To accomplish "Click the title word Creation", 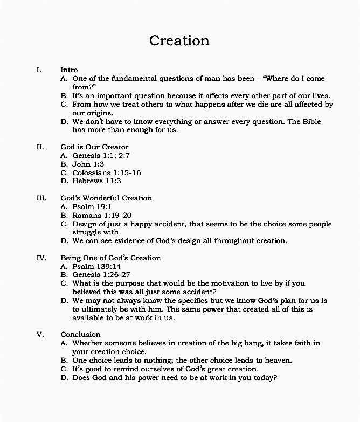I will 179,40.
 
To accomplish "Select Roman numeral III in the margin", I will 41,198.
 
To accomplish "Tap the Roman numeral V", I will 40,334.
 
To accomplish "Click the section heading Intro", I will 69,70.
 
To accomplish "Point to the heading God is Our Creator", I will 94,147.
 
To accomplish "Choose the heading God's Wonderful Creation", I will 106,198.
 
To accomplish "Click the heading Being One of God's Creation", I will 110,258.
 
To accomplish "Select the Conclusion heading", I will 80,334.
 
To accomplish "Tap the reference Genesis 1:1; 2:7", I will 101,155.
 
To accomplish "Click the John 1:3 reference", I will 88,164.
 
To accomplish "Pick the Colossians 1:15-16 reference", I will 107,172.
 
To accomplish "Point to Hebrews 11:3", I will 97,181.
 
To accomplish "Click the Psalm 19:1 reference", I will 92,206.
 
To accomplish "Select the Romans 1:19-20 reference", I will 102,215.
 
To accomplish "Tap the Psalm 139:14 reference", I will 96,266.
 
